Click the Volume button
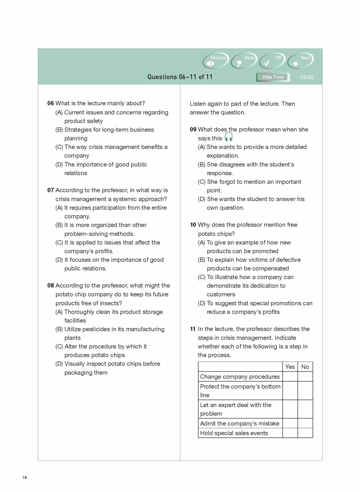tap(216, 61)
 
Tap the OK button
tap(272, 61)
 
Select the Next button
tap(301, 61)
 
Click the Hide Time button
tap(273, 77)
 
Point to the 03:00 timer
tap(306, 77)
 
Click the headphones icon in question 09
tap(229, 137)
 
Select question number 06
tap(50, 103)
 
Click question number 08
tap(50, 286)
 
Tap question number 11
tap(193, 329)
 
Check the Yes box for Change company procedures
tap(290, 377)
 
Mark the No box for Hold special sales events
tap(305, 433)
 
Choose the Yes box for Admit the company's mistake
tap(290, 423)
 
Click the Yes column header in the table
tap(290, 367)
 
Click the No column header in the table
tap(305, 367)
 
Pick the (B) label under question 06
tap(59, 130)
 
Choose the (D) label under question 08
tap(59, 364)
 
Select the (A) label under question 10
tap(201, 243)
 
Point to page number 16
tap(24, 477)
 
